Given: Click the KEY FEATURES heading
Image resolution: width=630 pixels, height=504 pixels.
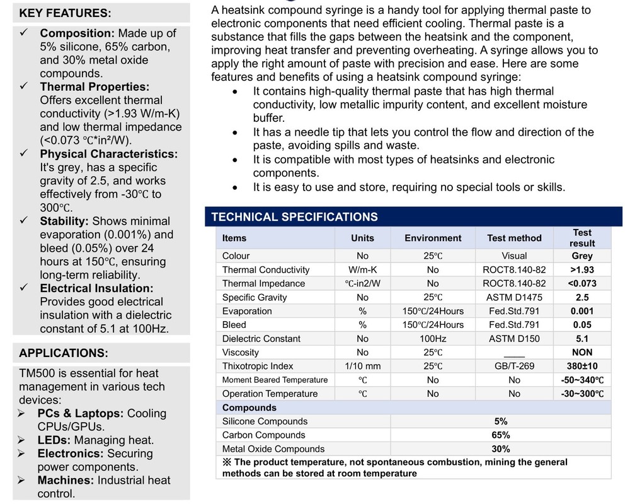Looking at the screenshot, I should tap(65, 13).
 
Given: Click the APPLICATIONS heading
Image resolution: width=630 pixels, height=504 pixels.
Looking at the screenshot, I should tap(63, 353).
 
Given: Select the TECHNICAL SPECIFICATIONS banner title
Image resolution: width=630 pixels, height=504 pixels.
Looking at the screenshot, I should tap(294, 217).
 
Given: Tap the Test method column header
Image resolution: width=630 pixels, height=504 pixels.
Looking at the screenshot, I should tap(514, 238).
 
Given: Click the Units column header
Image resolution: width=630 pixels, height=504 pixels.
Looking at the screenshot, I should tap(362, 238).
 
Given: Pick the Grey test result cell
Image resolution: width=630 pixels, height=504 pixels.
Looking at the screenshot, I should tap(582, 256).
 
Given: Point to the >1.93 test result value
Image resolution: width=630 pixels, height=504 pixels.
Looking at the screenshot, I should tap(582, 270).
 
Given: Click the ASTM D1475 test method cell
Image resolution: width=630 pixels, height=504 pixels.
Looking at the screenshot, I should tap(514, 297).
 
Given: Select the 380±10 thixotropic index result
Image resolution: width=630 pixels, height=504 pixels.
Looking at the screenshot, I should tap(582, 366).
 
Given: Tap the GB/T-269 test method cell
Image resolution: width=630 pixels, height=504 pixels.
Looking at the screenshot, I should tap(514, 366).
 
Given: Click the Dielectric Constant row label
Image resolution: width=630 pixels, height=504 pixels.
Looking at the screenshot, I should tap(261, 339).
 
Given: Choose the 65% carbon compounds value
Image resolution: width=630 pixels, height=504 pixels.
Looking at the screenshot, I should tap(501, 435).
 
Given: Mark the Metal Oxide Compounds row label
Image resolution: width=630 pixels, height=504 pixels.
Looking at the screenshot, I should tap(273, 449).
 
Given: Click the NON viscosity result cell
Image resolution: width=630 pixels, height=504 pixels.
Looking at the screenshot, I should tap(582, 352).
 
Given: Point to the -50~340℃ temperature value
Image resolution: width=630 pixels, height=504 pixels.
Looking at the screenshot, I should tap(582, 380).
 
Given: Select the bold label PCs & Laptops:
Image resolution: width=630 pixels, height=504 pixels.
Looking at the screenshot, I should tap(81, 414).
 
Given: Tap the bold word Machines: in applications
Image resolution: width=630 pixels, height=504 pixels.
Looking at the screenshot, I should tap(65, 481).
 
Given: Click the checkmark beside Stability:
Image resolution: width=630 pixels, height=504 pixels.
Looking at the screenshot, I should tap(24, 221).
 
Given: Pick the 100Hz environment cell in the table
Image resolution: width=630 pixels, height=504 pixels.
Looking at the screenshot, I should tap(433, 339).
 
